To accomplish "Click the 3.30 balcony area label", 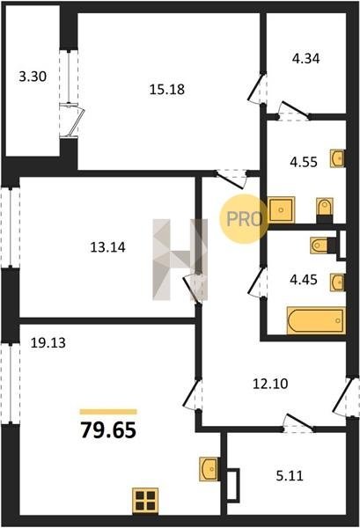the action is (33, 77).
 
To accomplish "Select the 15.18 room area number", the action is (167, 90).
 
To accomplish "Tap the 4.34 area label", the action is (305, 59).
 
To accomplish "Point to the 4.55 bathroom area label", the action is (304, 162).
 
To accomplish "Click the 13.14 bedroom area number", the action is (107, 247).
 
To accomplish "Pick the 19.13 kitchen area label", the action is (48, 343).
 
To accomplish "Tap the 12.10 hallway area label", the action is (270, 384).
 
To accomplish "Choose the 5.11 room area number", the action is (290, 476).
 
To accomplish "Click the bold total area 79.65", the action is (108, 430).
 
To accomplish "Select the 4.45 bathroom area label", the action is (304, 280).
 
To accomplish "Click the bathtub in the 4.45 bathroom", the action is (316, 320).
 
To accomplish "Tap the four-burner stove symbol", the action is (145, 501).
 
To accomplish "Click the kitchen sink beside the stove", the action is (209, 468).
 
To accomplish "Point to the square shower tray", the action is (282, 209).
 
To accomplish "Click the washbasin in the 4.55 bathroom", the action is (337, 158).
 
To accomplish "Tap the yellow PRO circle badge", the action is (245, 219).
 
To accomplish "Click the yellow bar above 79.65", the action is (108, 412).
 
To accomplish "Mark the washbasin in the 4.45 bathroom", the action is (337, 282).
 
